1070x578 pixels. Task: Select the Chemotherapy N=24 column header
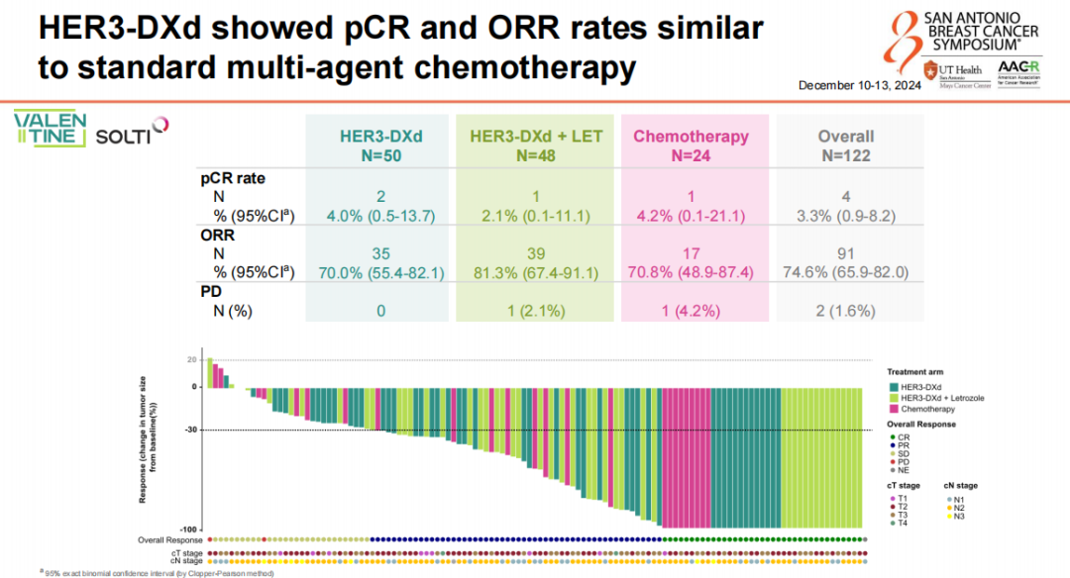(691, 144)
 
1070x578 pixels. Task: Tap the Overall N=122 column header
(845, 144)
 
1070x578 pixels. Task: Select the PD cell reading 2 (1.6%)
(845, 310)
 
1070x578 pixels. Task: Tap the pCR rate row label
(229, 178)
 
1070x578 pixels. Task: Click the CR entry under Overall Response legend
(902, 436)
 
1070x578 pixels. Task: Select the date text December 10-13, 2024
(859, 86)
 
